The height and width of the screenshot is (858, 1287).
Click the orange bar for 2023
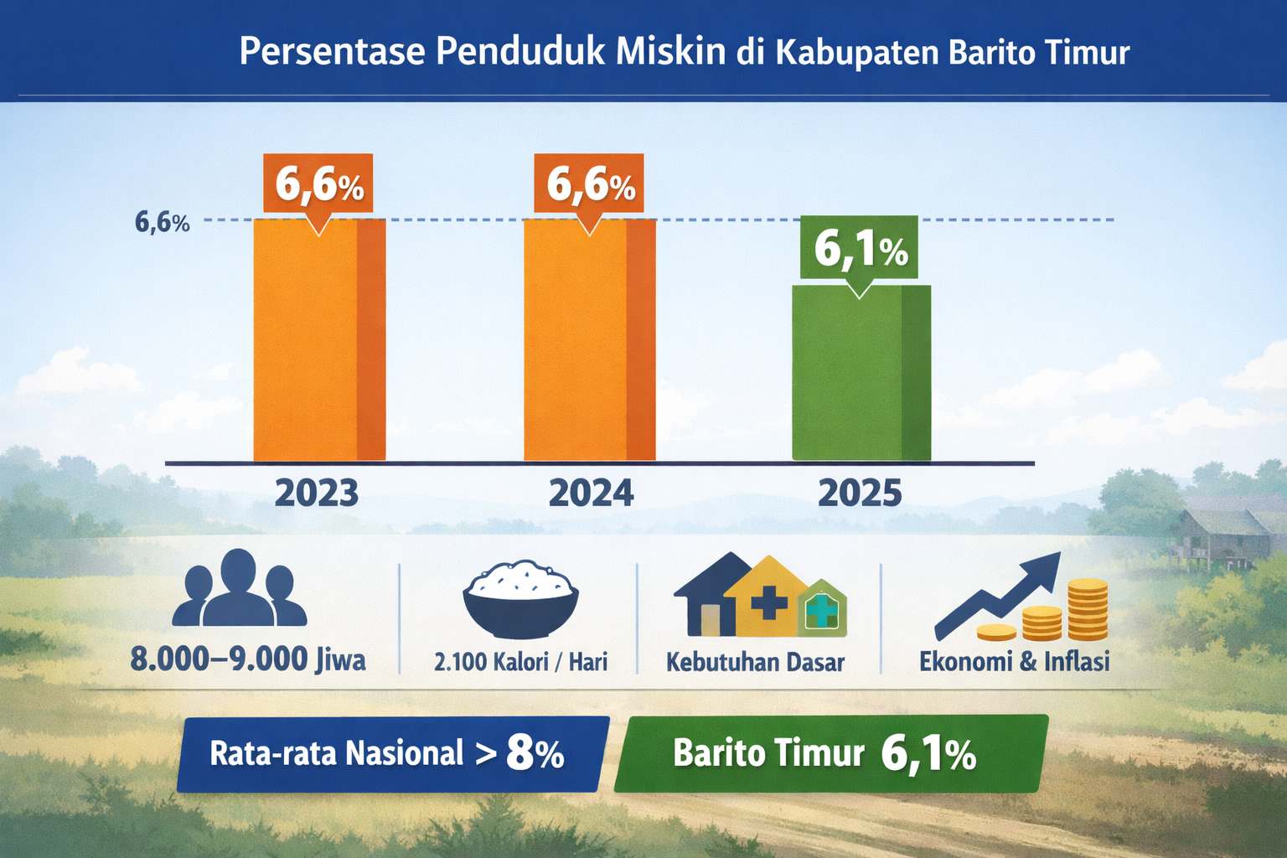(x=319, y=339)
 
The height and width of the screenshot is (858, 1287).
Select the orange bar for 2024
(x=590, y=339)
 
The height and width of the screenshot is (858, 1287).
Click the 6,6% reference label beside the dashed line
(x=162, y=222)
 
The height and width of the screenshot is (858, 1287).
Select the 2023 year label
(x=317, y=493)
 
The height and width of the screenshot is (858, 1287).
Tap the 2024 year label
(x=591, y=493)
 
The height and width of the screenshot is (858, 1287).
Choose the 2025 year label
(x=860, y=493)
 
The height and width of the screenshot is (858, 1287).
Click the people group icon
(x=239, y=587)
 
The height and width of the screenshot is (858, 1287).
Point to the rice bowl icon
(x=520, y=599)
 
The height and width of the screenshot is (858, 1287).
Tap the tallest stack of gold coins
(x=1088, y=610)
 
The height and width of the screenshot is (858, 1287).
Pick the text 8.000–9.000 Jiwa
(x=248, y=659)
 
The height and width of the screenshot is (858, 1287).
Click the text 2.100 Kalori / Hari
(x=520, y=662)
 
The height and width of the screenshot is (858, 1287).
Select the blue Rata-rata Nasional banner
(x=393, y=754)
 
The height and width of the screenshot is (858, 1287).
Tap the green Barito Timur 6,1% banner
(x=831, y=753)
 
